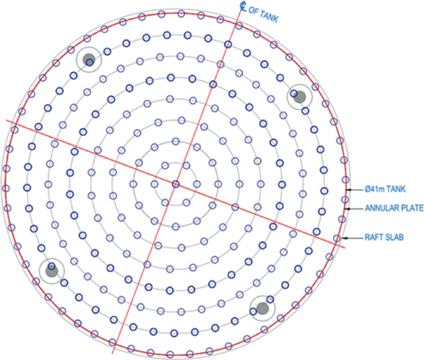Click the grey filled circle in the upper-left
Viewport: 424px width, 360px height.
pos(89,60)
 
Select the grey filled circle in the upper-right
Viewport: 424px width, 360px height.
pos(300,97)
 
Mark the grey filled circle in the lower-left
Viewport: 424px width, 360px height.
pos(51,271)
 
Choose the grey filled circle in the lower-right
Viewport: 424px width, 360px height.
pos(263,308)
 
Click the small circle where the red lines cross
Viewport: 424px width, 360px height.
pos(176,184)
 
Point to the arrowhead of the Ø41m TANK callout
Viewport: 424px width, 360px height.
pos(348,190)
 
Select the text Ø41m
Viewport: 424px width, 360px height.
pos(371,190)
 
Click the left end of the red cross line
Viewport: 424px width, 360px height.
pos(8,121)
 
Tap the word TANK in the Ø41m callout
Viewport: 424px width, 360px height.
pos(394,190)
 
